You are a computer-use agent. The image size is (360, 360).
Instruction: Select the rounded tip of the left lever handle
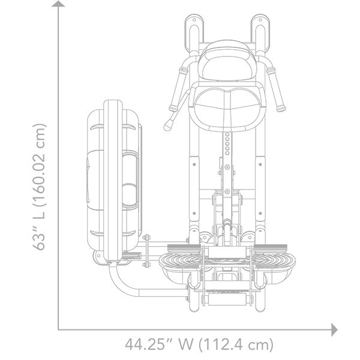point(167,127)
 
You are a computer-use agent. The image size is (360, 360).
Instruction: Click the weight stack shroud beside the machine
point(114,180)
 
